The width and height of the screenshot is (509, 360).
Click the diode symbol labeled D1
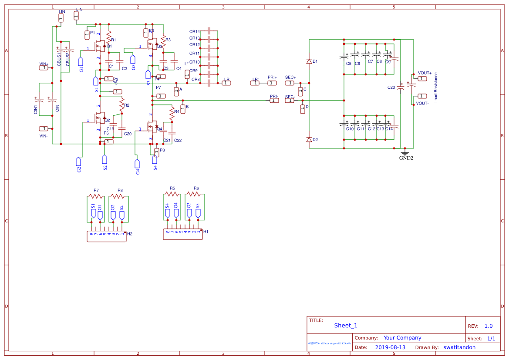(309, 61)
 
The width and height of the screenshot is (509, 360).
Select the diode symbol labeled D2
(309, 140)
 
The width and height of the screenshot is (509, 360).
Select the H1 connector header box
(183, 234)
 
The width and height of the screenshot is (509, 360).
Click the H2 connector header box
(107, 236)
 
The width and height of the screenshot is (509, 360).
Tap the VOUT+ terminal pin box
(421, 79)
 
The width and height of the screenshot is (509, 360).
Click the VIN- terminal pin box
(44, 129)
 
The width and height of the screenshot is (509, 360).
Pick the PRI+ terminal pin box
(272, 83)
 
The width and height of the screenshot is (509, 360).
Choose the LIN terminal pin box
(61, 17)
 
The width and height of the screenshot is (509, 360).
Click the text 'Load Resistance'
(436, 87)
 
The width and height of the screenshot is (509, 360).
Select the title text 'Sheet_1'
(346, 326)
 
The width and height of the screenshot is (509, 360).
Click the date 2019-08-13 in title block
(390, 347)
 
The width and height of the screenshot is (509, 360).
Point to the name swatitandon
(459, 347)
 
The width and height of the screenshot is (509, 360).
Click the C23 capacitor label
(391, 87)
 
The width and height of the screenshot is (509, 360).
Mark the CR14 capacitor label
(195, 32)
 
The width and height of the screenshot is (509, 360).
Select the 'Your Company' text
(402, 338)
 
